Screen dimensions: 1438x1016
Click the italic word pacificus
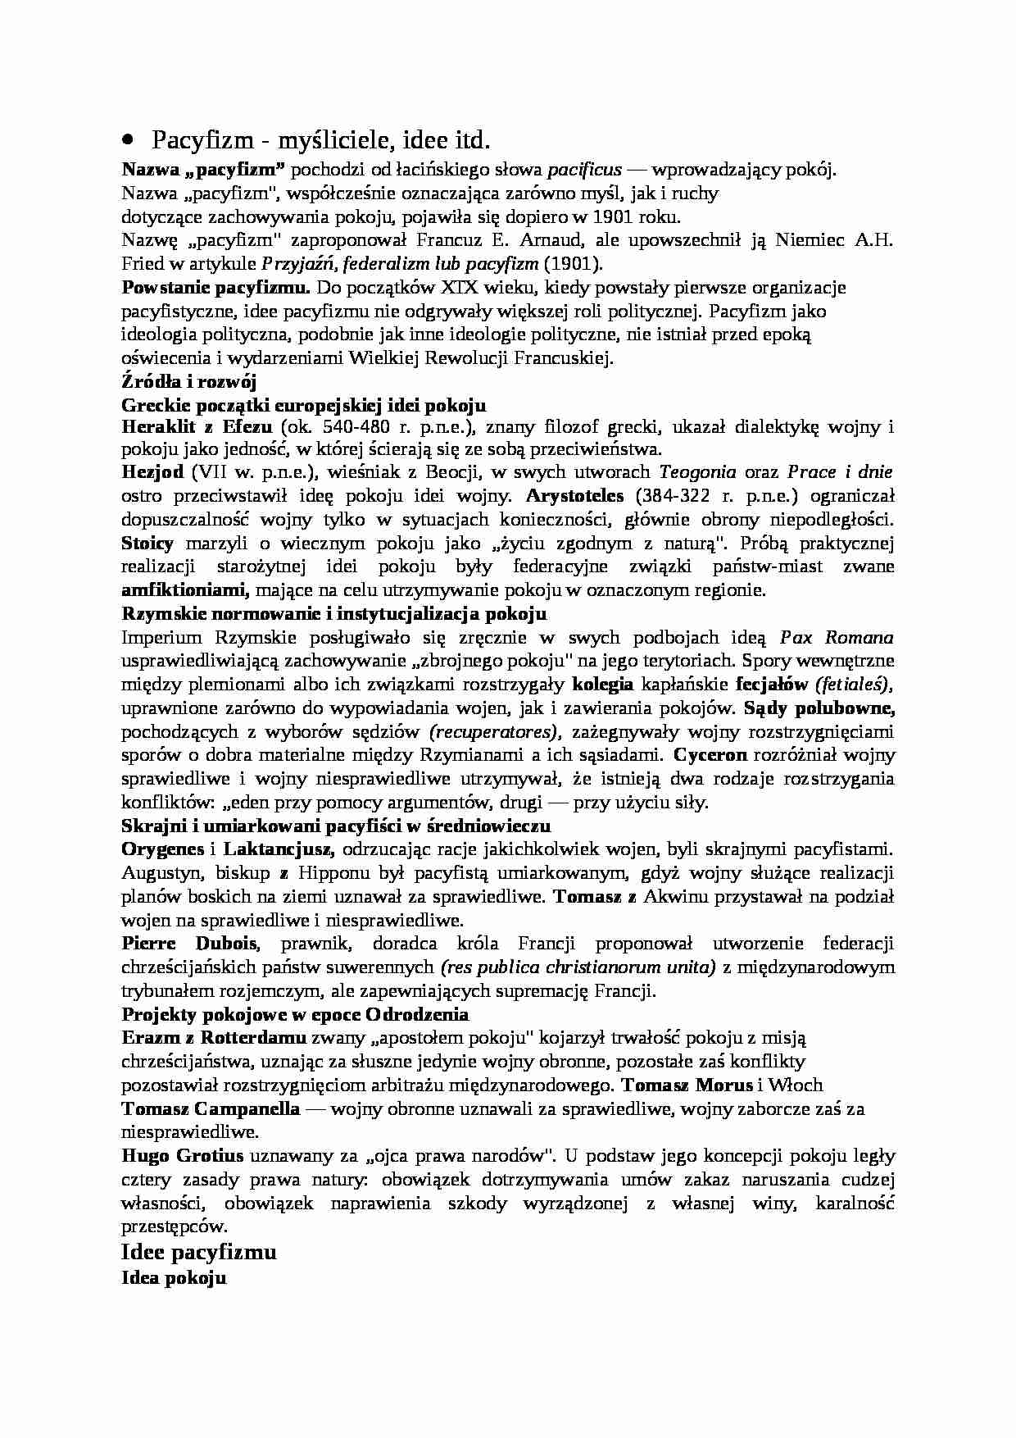pyautogui.click(x=583, y=171)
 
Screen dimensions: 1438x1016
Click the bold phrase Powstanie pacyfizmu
pyautogui.click(x=215, y=288)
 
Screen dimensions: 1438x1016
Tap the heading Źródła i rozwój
pyautogui.click(x=189, y=382)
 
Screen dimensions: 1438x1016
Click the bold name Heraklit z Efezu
pyautogui.click(x=197, y=427)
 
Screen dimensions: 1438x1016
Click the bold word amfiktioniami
pyautogui.click(x=185, y=590)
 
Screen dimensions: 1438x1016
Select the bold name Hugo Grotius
pyautogui.click(x=183, y=1157)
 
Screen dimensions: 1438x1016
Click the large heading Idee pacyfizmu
pyautogui.click(x=199, y=1252)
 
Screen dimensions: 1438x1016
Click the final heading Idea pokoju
pyautogui.click(x=174, y=1278)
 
